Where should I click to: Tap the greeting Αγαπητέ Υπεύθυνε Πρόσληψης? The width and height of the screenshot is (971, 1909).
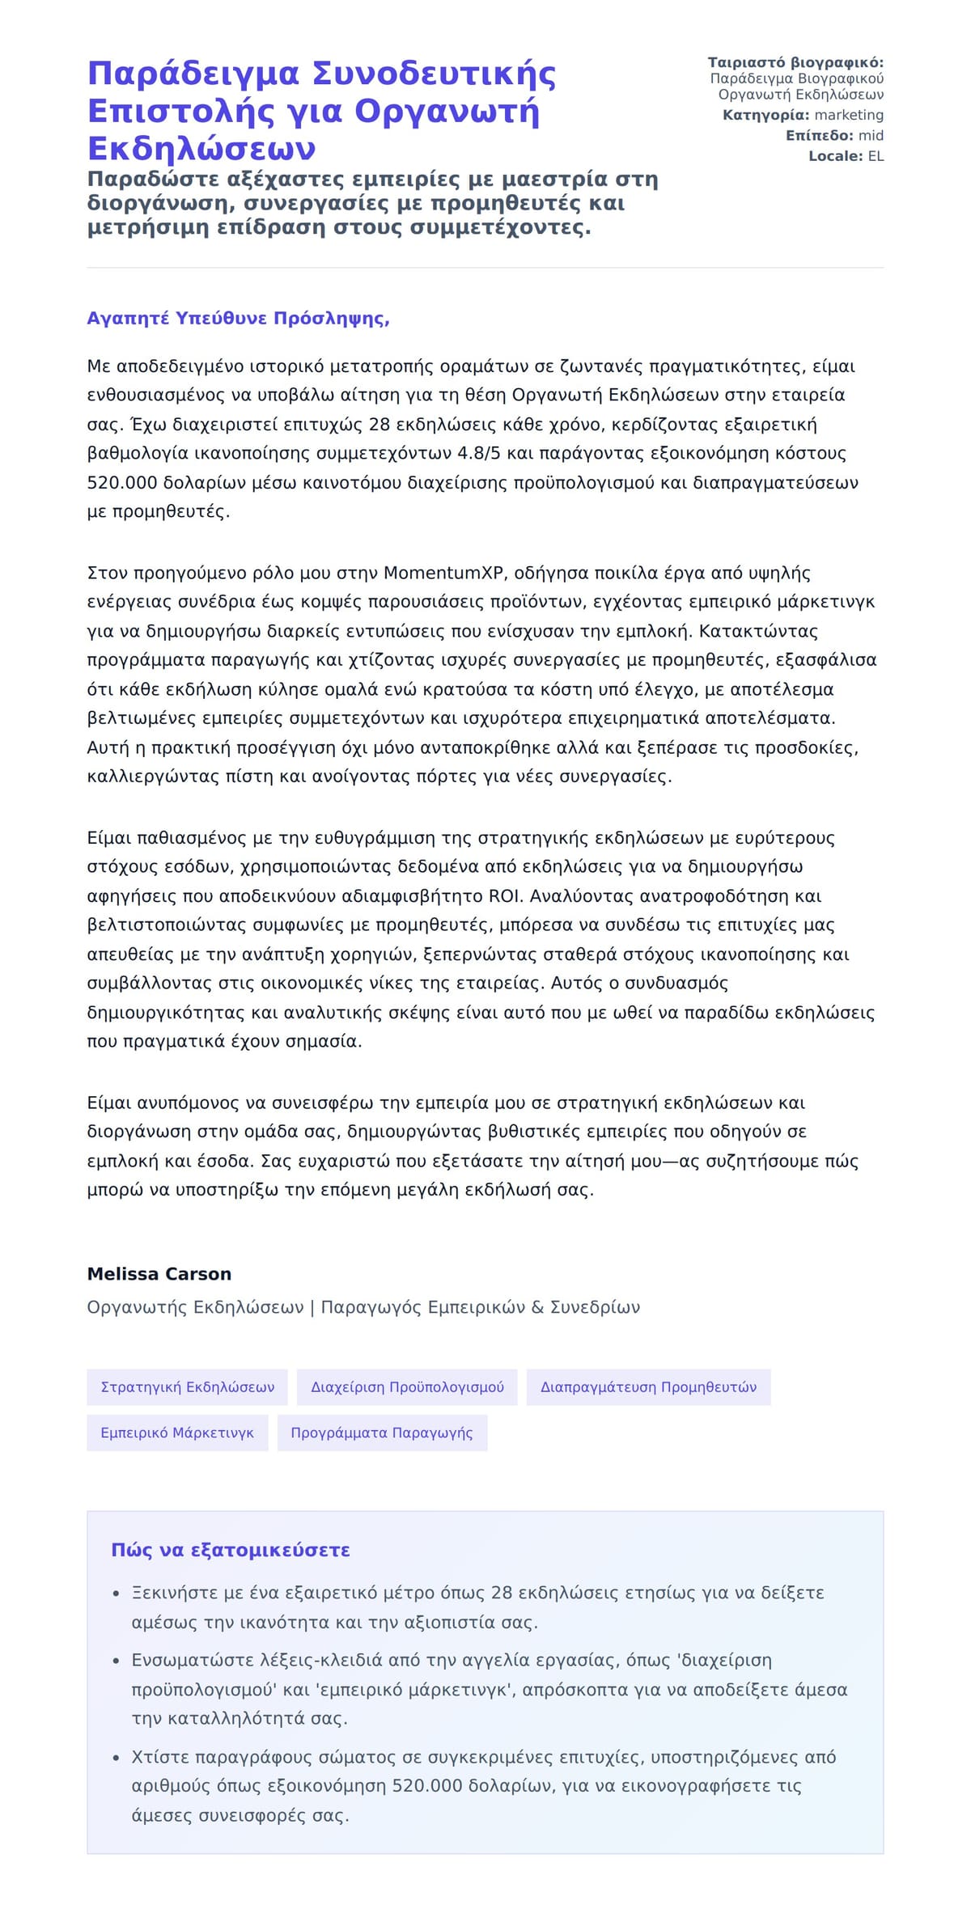[238, 319]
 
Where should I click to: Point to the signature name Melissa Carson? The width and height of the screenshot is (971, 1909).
[159, 1274]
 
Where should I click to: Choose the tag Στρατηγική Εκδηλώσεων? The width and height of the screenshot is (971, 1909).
[187, 1387]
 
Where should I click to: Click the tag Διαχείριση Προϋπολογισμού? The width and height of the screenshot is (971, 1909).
[407, 1387]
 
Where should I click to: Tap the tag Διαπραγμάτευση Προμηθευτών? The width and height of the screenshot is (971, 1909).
[648, 1387]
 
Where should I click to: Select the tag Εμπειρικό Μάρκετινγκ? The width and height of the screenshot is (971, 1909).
[177, 1433]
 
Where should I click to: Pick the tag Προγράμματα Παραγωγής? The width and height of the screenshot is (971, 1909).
[382, 1433]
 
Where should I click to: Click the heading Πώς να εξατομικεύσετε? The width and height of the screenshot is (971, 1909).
[231, 1551]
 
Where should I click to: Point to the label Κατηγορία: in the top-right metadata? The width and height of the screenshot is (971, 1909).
[765, 116]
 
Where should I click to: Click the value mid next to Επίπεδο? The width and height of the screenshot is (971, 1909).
[871, 136]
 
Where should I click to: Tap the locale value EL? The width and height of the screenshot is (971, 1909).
[876, 156]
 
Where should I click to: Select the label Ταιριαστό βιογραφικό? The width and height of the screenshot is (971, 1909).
[795, 63]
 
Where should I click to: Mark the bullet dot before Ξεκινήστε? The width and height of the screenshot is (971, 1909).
[116, 1594]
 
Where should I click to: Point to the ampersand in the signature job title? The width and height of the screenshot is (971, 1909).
[537, 1308]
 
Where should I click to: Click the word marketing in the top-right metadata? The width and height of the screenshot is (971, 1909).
[849, 116]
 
